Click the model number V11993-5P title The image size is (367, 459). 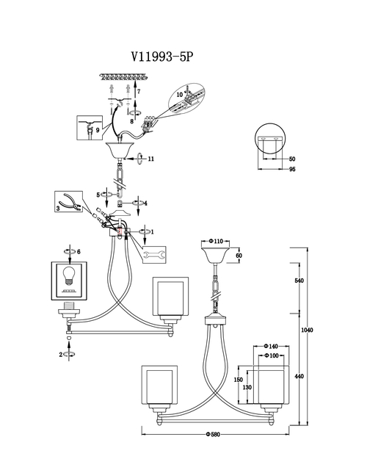coord(162,57)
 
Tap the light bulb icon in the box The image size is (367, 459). coord(69,275)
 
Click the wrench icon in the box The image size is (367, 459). coord(154,255)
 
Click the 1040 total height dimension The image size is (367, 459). coord(307,330)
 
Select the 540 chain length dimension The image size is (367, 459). coord(299,281)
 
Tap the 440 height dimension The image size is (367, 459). coord(299,376)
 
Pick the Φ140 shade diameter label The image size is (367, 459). coord(271,347)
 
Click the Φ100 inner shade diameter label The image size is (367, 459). coord(272,355)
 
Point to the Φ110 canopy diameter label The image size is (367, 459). coord(216,241)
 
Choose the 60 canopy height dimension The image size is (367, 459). coord(239,256)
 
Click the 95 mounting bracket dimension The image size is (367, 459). coord(292,169)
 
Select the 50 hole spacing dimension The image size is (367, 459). coord(292,159)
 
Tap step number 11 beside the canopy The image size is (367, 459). coord(151,159)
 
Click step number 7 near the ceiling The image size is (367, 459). coord(139,91)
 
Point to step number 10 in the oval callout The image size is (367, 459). coord(179,95)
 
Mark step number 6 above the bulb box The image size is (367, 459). coord(79,252)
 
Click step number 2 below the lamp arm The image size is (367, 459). coord(61,355)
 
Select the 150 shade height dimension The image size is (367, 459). coord(239,380)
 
